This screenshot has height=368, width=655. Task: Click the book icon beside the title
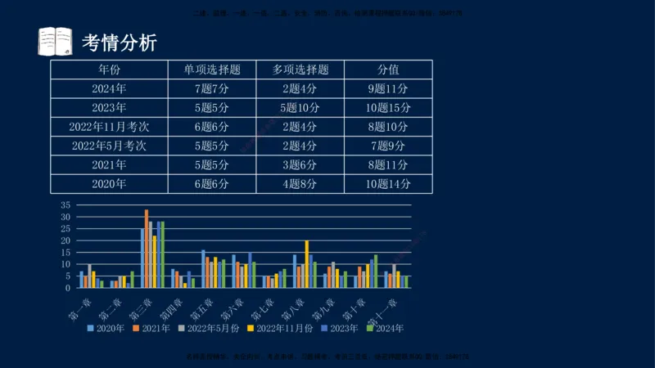point(55,41)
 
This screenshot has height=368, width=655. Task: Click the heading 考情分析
point(120,42)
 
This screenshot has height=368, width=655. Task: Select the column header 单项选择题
point(211,70)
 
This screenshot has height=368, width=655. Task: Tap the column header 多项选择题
point(300,70)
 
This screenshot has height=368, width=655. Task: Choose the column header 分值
point(388,70)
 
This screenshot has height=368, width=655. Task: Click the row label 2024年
point(109,88)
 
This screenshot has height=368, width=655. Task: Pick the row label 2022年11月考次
point(109,127)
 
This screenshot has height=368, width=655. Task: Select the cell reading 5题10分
point(300,108)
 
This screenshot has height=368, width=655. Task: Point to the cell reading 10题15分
point(388,108)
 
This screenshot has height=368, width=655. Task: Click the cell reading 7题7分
point(211,88)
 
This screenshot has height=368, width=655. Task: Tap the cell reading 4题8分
point(300,184)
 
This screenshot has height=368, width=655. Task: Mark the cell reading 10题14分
point(388,184)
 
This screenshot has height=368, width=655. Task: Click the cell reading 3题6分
point(300,165)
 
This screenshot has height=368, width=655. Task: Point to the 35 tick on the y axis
point(66,205)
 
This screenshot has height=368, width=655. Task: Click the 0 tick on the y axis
point(69,288)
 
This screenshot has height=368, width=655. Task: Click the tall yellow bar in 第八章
point(307,263)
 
